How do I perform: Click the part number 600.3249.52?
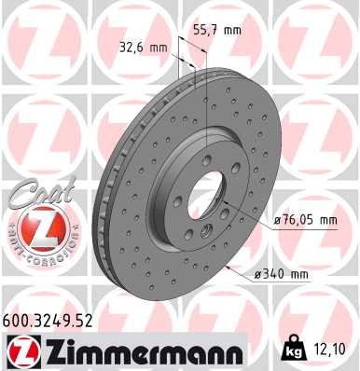coord(56,322)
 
